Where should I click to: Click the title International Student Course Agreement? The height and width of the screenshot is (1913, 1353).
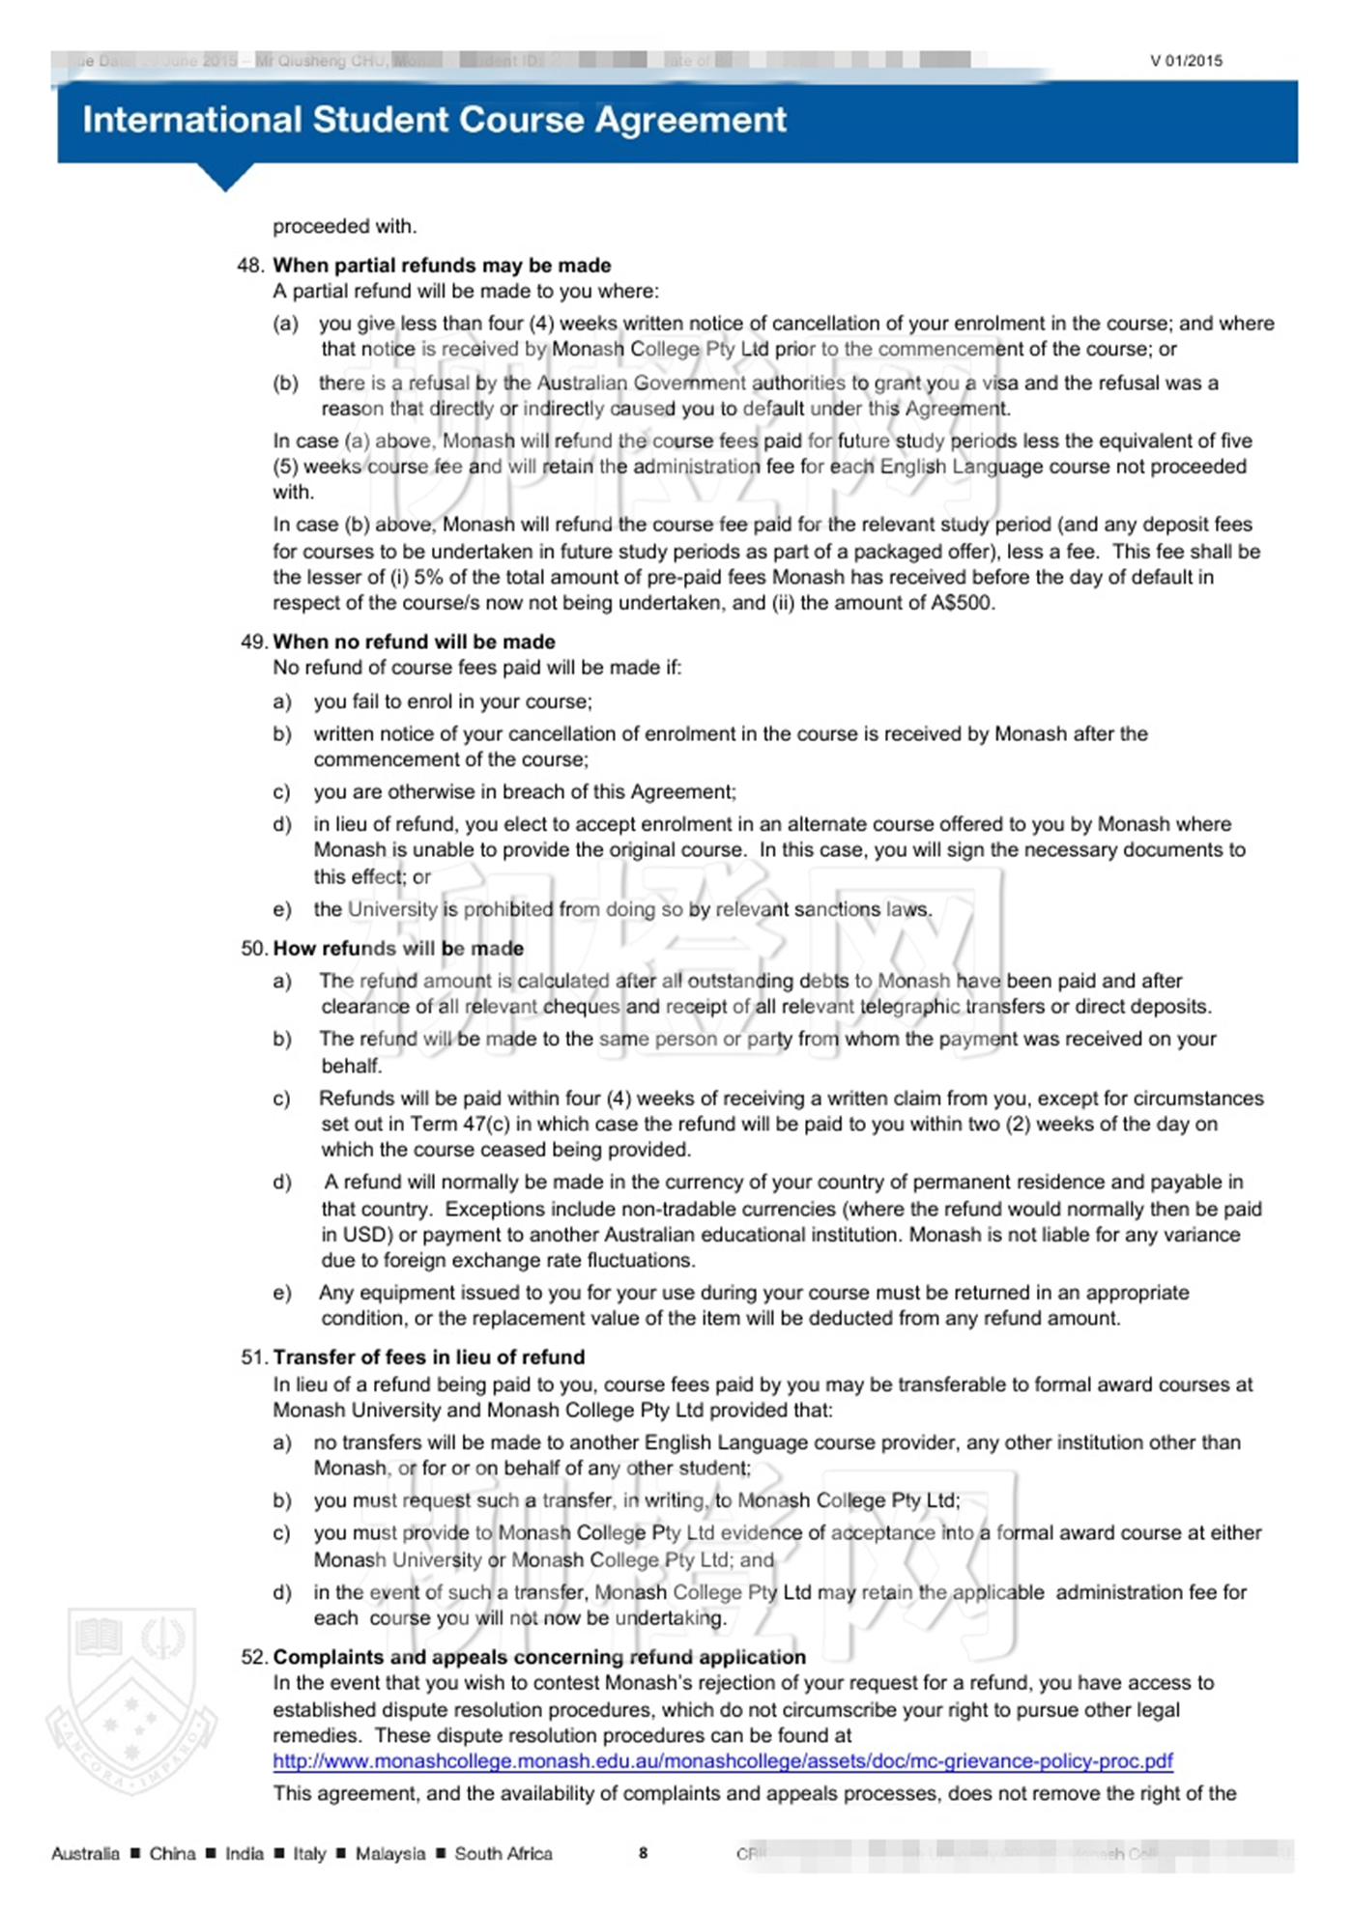[x=434, y=120]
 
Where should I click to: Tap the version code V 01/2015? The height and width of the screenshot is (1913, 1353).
[x=1186, y=61]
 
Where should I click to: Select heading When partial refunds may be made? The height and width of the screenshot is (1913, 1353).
[x=442, y=265]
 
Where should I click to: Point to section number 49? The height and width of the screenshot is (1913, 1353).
[x=253, y=642]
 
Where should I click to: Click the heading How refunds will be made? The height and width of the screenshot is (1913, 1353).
[x=398, y=948]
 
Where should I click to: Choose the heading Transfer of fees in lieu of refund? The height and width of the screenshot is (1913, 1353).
[x=429, y=1356]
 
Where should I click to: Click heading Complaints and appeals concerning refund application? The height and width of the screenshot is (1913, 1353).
[x=539, y=1657]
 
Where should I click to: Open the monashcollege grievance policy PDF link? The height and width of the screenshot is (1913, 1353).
[x=722, y=1761]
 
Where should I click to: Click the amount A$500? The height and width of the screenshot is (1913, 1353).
[x=963, y=603]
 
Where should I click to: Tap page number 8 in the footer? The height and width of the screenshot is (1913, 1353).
[x=643, y=1852]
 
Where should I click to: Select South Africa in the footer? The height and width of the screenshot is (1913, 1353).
[x=504, y=1853]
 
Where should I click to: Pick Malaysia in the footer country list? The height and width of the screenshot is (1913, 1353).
[x=390, y=1853]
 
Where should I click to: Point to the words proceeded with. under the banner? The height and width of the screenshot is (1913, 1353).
[x=344, y=226]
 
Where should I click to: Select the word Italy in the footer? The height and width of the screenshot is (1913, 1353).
[x=309, y=1853]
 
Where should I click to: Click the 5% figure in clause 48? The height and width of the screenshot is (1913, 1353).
[x=429, y=577]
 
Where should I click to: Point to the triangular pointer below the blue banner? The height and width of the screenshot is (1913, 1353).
[x=225, y=177]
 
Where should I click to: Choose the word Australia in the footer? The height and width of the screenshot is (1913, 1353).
[x=85, y=1853]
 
